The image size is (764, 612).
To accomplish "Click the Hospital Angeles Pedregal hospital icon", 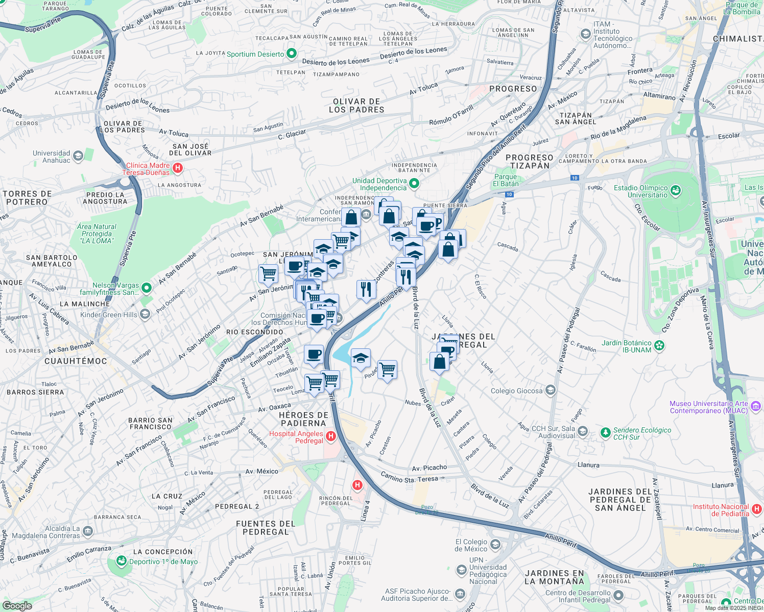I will tap(331, 436).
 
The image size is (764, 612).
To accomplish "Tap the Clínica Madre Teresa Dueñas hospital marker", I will tap(177, 168).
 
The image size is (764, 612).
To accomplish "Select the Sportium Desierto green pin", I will tap(292, 53).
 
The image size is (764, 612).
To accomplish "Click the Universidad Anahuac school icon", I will tap(78, 156).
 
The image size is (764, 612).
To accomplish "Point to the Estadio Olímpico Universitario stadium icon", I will tap(676, 191).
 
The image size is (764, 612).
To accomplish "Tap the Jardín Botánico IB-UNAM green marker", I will tap(659, 346).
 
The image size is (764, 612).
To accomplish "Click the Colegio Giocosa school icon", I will tap(550, 391).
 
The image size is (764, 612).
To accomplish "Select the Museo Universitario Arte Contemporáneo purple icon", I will tap(756, 406).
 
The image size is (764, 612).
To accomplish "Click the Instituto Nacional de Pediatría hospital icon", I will tap(757, 509).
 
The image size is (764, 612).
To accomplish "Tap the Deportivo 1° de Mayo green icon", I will tap(121, 561).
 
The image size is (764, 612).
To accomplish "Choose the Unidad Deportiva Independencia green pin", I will tap(414, 184).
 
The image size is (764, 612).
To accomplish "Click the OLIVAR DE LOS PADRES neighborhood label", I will tap(356, 106).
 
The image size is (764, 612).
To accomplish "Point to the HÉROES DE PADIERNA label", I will tap(303, 419).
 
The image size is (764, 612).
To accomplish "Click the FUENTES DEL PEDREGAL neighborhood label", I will tap(266, 528).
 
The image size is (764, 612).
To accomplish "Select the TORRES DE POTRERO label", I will tap(27, 198).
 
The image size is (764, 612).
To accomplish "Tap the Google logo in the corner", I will tap(17, 606).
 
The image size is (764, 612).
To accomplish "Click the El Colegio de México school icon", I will tap(495, 545).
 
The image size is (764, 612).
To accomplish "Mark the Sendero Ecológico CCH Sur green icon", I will tap(605, 433).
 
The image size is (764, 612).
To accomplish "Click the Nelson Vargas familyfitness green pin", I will tap(147, 288).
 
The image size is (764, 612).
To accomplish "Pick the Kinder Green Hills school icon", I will tap(145, 314).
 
